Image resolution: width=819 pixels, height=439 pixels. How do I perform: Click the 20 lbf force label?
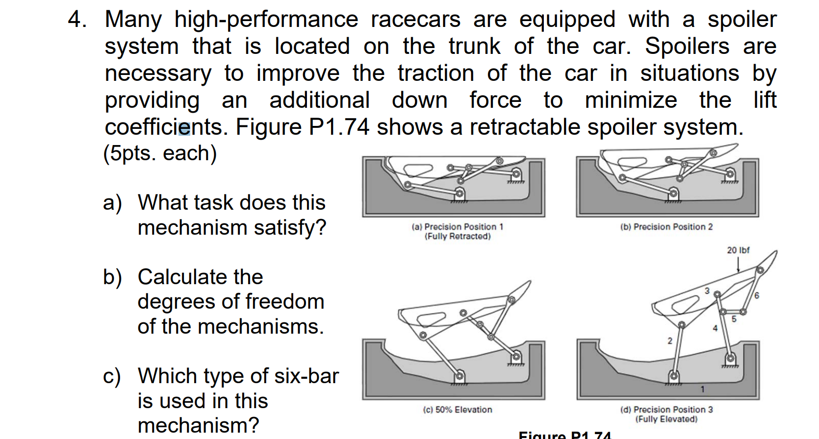738,250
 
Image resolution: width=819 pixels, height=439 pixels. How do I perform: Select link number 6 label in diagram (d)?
757,295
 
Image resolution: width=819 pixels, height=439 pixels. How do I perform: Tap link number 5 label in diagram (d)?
734,319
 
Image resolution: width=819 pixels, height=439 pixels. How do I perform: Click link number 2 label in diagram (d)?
670,341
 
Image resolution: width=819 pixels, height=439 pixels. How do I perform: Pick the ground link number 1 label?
702,390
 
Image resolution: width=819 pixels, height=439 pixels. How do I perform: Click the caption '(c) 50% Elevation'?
457,410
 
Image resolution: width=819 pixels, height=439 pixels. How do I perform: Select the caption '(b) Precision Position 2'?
666,227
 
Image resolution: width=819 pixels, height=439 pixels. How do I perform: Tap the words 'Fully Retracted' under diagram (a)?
457,237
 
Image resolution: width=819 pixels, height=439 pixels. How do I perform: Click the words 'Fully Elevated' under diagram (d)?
666,419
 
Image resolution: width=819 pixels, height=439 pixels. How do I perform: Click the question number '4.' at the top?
77,20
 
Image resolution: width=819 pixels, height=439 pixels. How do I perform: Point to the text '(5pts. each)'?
160,153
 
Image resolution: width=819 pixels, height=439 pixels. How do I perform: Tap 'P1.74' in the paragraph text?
338,127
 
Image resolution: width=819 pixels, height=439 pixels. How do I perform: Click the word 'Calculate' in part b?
200,277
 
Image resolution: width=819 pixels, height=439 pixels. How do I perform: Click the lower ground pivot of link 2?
674,376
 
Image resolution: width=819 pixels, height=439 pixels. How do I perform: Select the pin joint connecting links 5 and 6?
743,312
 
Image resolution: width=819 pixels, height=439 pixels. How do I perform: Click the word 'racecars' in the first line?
415,20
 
